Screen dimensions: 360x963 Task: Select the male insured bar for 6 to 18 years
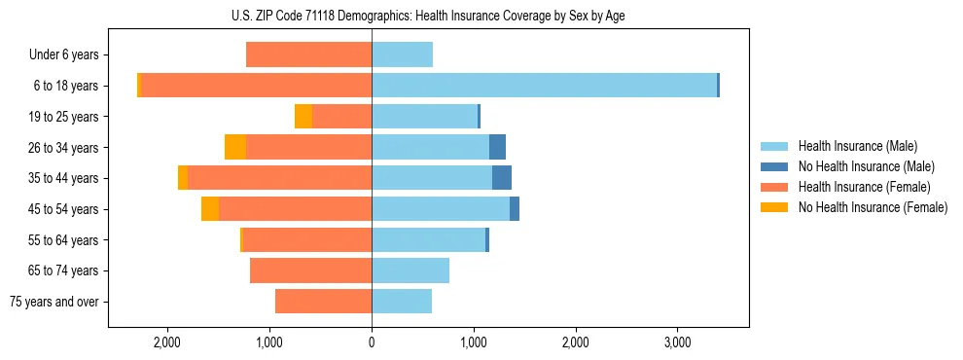pyautogui.click(x=544, y=86)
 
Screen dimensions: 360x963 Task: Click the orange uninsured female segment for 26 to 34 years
pyautogui.click(x=235, y=147)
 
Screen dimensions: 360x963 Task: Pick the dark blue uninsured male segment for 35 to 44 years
pyautogui.click(x=502, y=178)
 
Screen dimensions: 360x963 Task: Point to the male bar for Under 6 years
pyautogui.click(x=402, y=55)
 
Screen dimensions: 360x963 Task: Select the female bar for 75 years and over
pyautogui.click(x=323, y=302)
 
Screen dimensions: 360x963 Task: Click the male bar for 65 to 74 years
pyautogui.click(x=410, y=270)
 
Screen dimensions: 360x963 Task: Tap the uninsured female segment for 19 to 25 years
pyautogui.click(x=303, y=117)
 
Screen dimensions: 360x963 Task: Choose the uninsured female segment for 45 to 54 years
pyautogui.click(x=210, y=209)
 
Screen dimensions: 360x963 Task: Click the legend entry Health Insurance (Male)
pyautogui.click(x=857, y=146)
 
